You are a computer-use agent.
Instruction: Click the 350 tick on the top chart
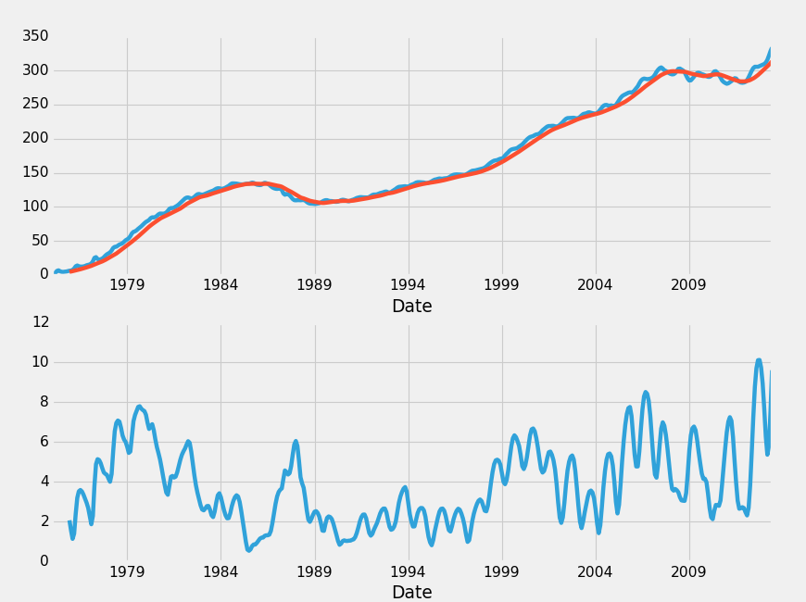(35, 36)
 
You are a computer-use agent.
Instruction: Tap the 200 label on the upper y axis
(35, 138)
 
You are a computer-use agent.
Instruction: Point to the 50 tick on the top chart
(39, 241)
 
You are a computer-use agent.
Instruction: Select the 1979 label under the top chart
(127, 285)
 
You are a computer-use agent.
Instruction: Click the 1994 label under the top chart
(408, 285)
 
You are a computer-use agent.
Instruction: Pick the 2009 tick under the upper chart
(688, 285)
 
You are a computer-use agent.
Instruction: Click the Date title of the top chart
(411, 307)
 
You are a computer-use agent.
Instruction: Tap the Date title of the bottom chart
(411, 593)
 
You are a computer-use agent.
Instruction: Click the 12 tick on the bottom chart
(40, 322)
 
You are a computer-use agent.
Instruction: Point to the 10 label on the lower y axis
(40, 362)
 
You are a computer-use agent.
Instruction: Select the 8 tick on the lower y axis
(44, 402)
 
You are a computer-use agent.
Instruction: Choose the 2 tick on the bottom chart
(44, 521)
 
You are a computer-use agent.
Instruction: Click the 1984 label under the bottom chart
(220, 571)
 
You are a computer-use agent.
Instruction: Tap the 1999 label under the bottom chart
(501, 571)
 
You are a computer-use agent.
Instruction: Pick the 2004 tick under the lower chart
(595, 571)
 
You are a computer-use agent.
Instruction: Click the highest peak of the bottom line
(759, 360)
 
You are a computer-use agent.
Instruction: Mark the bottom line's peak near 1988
(296, 442)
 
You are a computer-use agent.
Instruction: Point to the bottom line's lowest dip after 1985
(248, 550)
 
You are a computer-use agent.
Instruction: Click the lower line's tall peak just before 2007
(646, 393)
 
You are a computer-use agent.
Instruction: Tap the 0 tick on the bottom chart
(44, 561)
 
